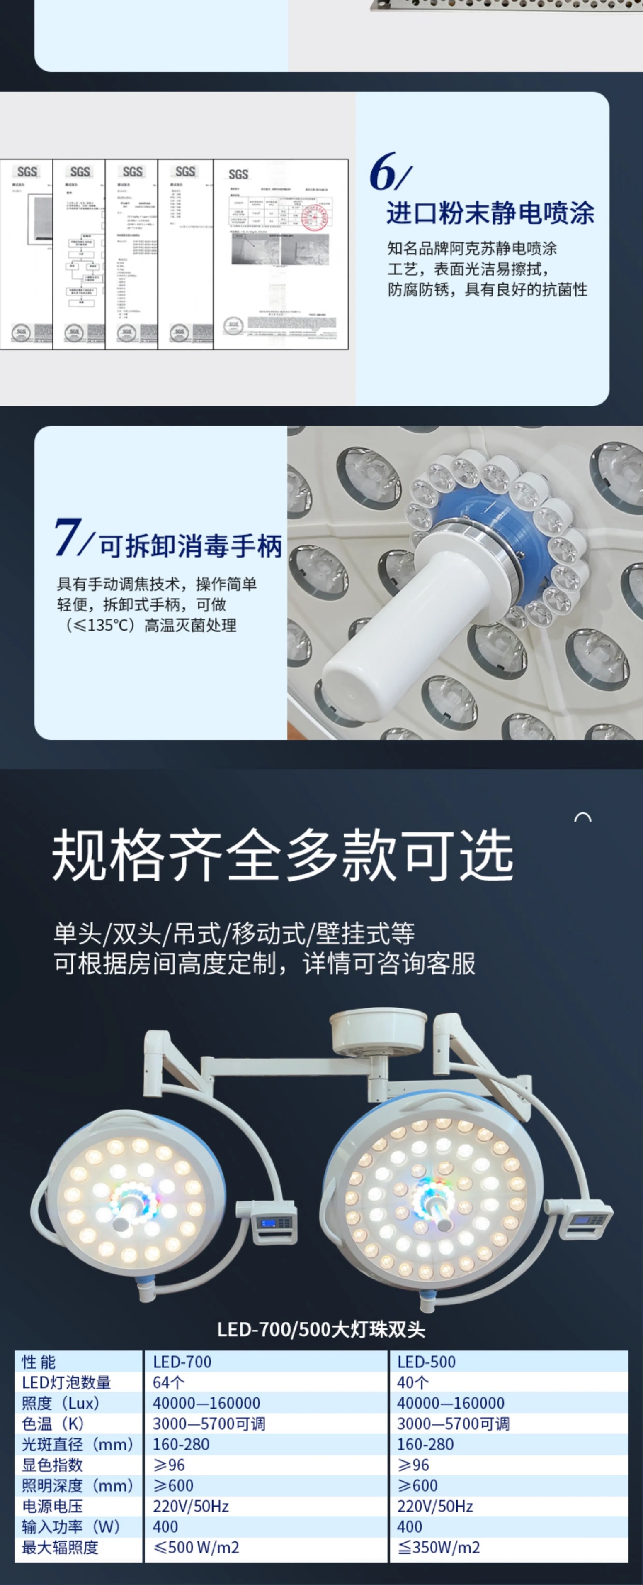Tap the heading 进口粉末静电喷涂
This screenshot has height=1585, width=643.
point(490,213)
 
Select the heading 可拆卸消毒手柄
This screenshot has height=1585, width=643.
point(191,546)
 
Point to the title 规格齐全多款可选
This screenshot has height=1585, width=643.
point(282,855)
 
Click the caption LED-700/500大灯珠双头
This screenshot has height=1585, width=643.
point(321,1329)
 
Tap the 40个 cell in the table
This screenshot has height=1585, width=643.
point(412,1382)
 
